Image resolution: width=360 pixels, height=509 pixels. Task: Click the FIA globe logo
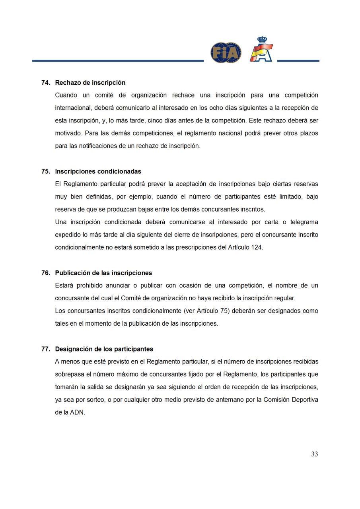point(226,53)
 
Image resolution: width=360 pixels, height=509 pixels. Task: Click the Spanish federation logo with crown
point(261,50)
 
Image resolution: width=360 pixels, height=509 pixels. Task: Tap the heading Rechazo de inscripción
point(90,83)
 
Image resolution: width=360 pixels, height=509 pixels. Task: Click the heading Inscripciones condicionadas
point(98,172)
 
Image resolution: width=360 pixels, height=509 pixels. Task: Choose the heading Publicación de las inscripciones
point(103,273)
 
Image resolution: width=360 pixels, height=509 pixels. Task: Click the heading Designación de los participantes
point(104,349)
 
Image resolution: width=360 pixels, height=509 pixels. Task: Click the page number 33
point(314,454)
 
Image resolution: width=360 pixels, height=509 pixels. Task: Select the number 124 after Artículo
point(257,247)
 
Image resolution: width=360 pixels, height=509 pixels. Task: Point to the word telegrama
point(304,222)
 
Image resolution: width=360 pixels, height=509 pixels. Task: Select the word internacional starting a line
point(73,108)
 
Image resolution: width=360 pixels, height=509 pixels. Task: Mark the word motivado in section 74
point(68,133)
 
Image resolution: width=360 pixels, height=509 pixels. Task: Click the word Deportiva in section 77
point(304,400)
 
